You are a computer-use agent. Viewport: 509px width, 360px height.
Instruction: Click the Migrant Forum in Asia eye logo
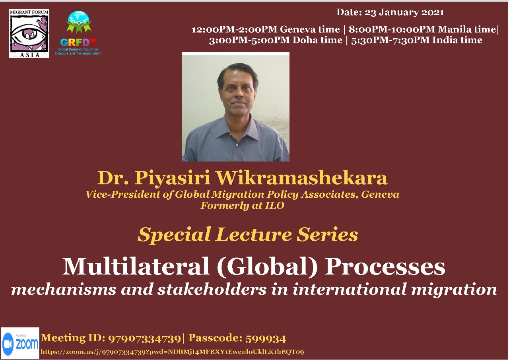[x=29, y=33]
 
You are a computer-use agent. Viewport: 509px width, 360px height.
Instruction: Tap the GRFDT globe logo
[x=78, y=33]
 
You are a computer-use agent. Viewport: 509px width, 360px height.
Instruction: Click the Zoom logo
[x=20, y=343]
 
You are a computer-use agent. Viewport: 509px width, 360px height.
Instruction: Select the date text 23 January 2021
[x=404, y=12]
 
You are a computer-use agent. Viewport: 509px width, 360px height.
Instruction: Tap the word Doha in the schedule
[x=305, y=40]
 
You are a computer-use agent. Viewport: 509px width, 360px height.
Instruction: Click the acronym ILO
[x=275, y=205]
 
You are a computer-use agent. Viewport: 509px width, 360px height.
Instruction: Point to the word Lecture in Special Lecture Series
[x=253, y=235]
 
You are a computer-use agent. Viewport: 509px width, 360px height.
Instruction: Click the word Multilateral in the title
[x=136, y=267]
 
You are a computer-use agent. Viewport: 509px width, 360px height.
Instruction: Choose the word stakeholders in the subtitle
[x=212, y=290]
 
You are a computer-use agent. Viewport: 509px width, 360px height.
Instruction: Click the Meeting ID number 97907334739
[x=144, y=339]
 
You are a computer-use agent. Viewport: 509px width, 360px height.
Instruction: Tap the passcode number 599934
[x=266, y=339]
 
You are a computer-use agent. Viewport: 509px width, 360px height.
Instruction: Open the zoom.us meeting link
[x=172, y=352]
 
